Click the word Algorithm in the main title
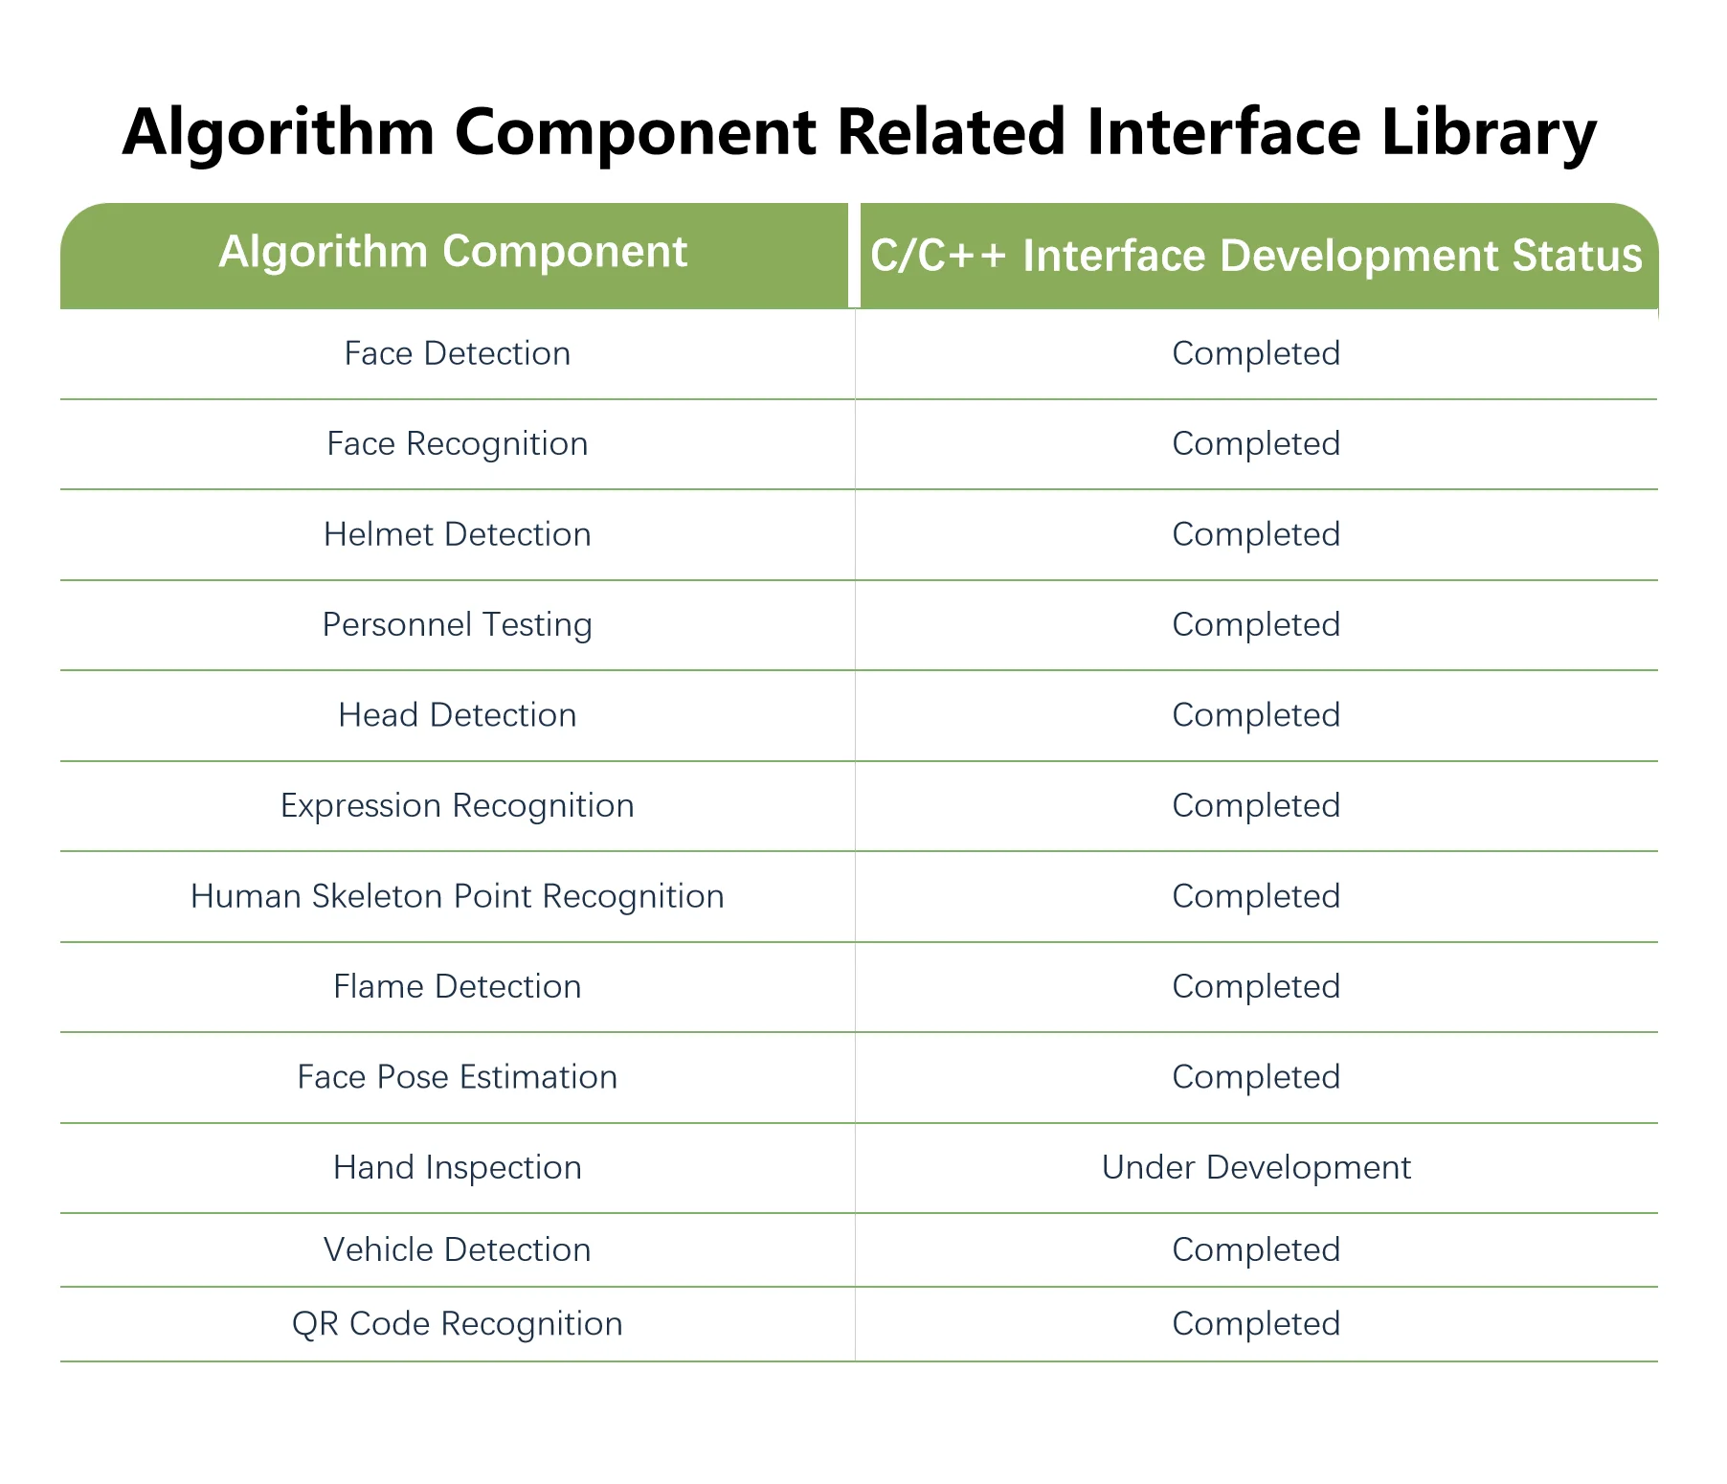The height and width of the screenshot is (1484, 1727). pyautogui.click(x=279, y=132)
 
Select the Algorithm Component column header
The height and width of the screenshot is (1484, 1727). pyautogui.click(x=453, y=252)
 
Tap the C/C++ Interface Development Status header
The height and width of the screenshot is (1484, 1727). pyautogui.click(x=1256, y=256)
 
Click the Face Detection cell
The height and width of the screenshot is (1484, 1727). pyautogui.click(x=457, y=353)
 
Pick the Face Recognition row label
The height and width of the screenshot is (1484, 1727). pyautogui.click(x=457, y=443)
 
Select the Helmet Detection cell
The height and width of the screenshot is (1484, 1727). pyautogui.click(x=457, y=534)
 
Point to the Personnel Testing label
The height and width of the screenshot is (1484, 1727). pyautogui.click(x=457, y=624)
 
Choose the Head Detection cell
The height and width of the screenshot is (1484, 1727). pyautogui.click(x=457, y=715)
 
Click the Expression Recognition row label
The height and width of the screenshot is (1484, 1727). pyautogui.click(x=457, y=805)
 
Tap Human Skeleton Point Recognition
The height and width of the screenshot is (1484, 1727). pyautogui.click(x=457, y=896)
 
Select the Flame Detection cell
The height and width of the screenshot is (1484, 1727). pyautogui.click(x=457, y=986)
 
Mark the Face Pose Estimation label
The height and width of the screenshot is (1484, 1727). pyautogui.click(x=457, y=1077)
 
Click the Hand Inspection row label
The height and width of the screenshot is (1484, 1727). pyautogui.click(x=457, y=1167)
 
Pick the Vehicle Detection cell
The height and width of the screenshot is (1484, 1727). pyautogui.click(x=457, y=1249)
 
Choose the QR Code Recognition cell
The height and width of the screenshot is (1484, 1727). pyautogui.click(x=457, y=1323)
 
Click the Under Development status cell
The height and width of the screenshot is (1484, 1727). pyautogui.click(x=1256, y=1167)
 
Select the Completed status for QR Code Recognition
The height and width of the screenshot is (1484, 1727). pyautogui.click(x=1256, y=1323)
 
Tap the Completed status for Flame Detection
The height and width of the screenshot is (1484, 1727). pyautogui.click(x=1256, y=986)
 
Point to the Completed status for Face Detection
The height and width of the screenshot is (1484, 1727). pyautogui.click(x=1256, y=353)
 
